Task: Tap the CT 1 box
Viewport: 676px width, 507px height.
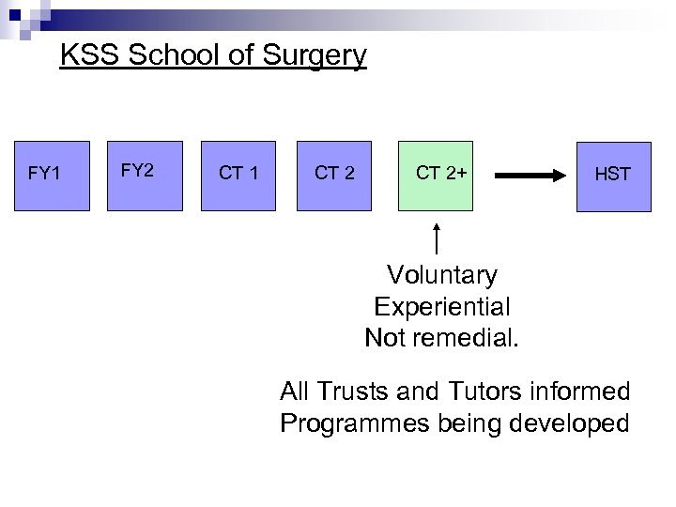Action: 238,174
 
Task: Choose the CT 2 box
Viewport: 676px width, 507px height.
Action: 334,174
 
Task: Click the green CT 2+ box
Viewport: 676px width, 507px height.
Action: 438,174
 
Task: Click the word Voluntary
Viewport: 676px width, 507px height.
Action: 441,275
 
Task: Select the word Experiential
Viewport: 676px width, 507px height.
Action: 441,306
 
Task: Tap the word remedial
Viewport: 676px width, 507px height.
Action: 466,337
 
